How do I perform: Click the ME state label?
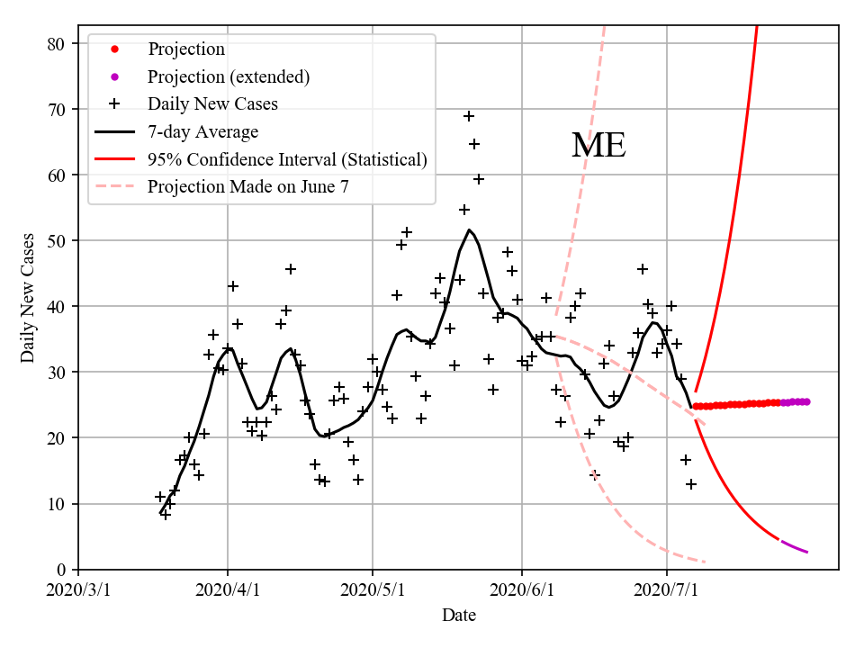pos(598,146)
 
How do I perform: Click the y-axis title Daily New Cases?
pos(28,298)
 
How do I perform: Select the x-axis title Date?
pos(458,616)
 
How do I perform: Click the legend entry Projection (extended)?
pos(229,76)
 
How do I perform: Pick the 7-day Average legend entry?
pos(202,132)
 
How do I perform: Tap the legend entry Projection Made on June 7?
pos(247,187)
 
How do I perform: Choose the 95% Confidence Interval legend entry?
pos(286,160)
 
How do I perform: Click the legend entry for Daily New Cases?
pos(212,104)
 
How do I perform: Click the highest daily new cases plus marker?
pos(469,116)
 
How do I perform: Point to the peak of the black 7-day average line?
pos(469,229)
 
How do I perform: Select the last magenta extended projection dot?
pos(806,401)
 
